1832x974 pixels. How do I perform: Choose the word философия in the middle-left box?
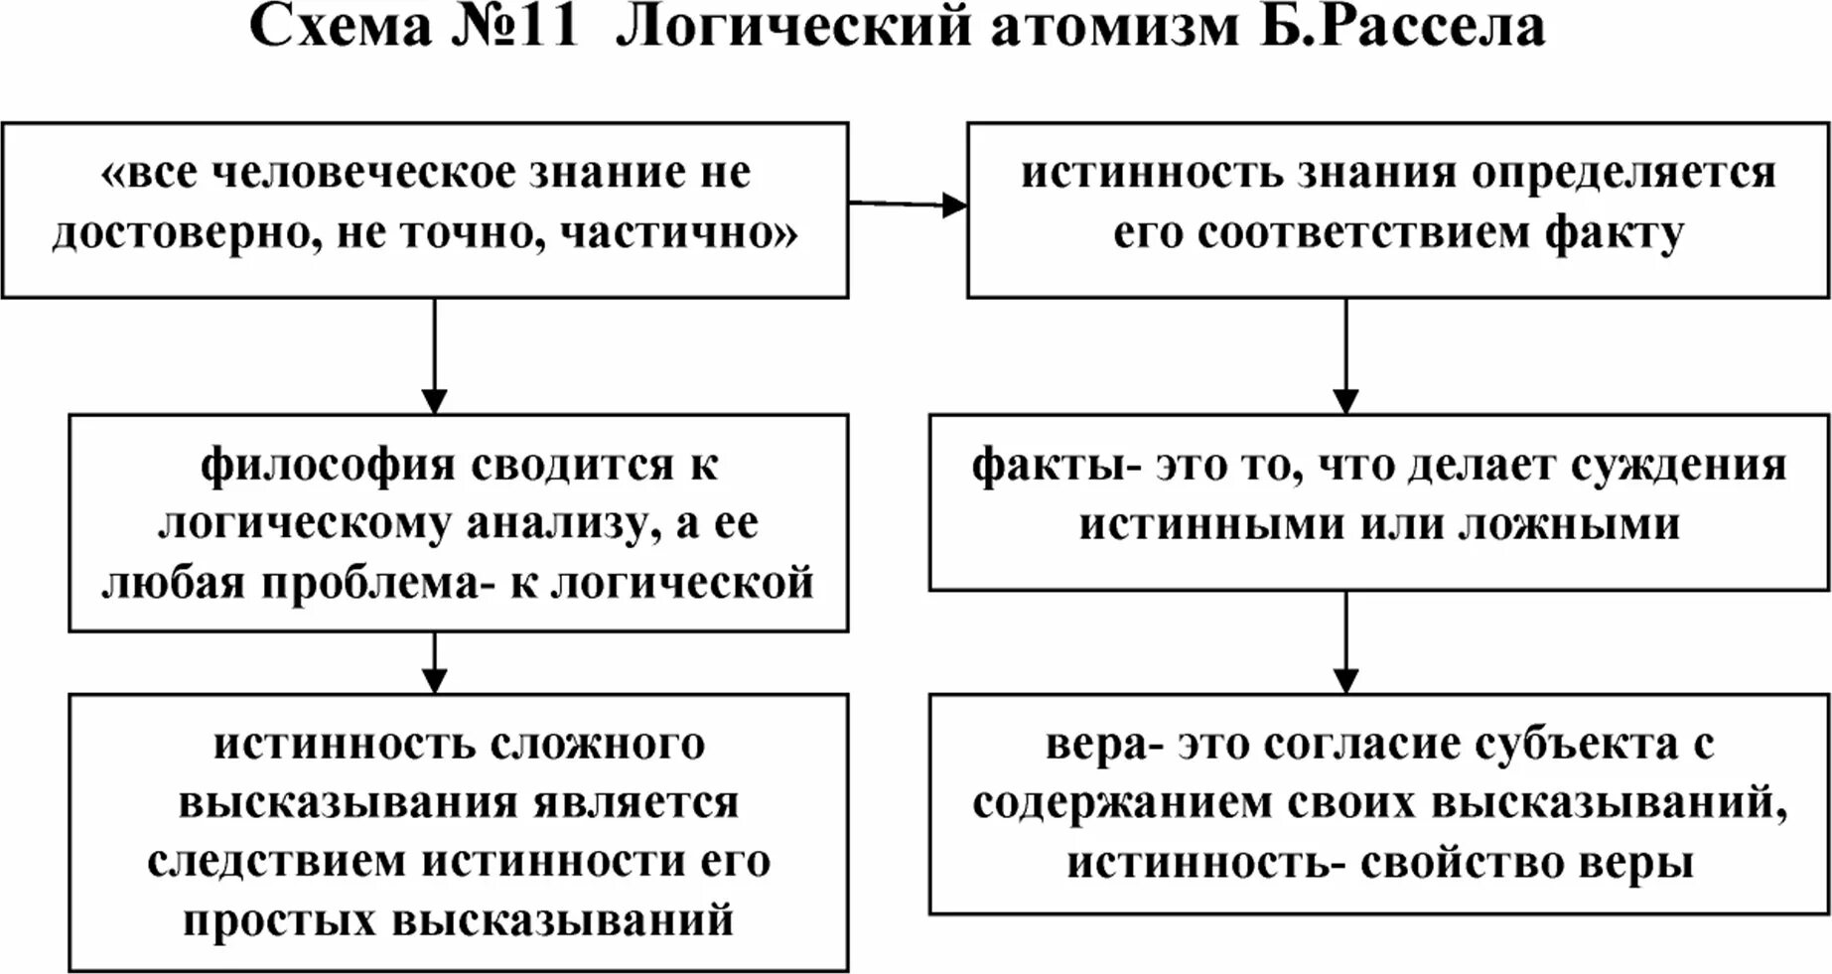[328, 465]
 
